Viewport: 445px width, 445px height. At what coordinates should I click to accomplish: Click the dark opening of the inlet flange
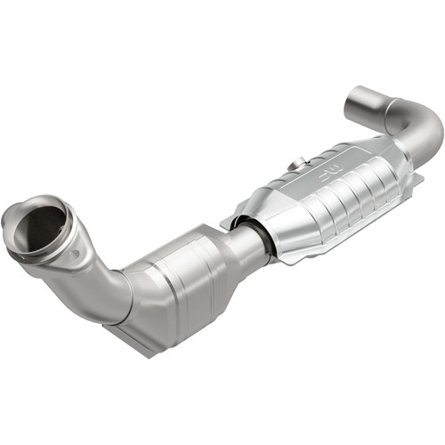click(40, 228)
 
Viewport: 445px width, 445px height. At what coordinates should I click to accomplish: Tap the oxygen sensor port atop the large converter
click(299, 162)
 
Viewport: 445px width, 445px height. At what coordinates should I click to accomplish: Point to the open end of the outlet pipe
click(364, 103)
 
